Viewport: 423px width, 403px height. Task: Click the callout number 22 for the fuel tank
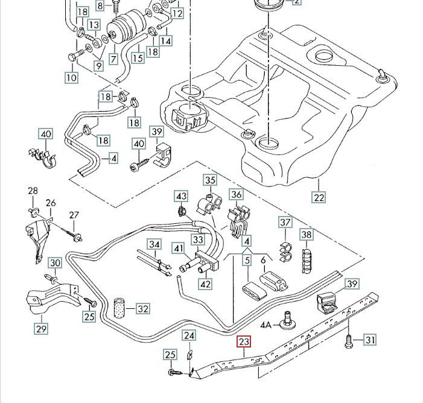pyautogui.click(x=319, y=197)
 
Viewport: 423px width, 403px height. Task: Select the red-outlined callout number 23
pyautogui.click(x=244, y=343)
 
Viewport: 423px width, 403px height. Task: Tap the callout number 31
pyautogui.click(x=369, y=341)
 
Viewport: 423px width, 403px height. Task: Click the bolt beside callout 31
pyautogui.click(x=349, y=341)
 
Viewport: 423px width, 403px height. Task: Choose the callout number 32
pyautogui.click(x=142, y=309)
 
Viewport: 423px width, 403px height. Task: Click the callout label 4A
pyautogui.click(x=266, y=325)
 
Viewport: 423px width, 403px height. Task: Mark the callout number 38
pyautogui.click(x=307, y=234)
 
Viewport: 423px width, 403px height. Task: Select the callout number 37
pyautogui.click(x=285, y=223)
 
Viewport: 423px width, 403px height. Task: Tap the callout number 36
pyautogui.click(x=237, y=194)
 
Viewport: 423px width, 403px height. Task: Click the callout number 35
pyautogui.click(x=209, y=180)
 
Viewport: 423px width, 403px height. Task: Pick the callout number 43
pyautogui.click(x=182, y=196)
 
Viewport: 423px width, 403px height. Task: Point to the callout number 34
pyautogui.click(x=155, y=245)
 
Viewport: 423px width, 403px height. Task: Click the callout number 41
pyautogui.click(x=178, y=248)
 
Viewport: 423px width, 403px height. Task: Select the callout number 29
pyautogui.click(x=42, y=329)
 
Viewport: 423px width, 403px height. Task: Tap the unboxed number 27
pyautogui.click(x=74, y=215)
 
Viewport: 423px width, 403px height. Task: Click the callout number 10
pyautogui.click(x=72, y=77)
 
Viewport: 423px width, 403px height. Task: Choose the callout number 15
pyautogui.click(x=138, y=58)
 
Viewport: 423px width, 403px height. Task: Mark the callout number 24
pyautogui.click(x=189, y=336)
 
